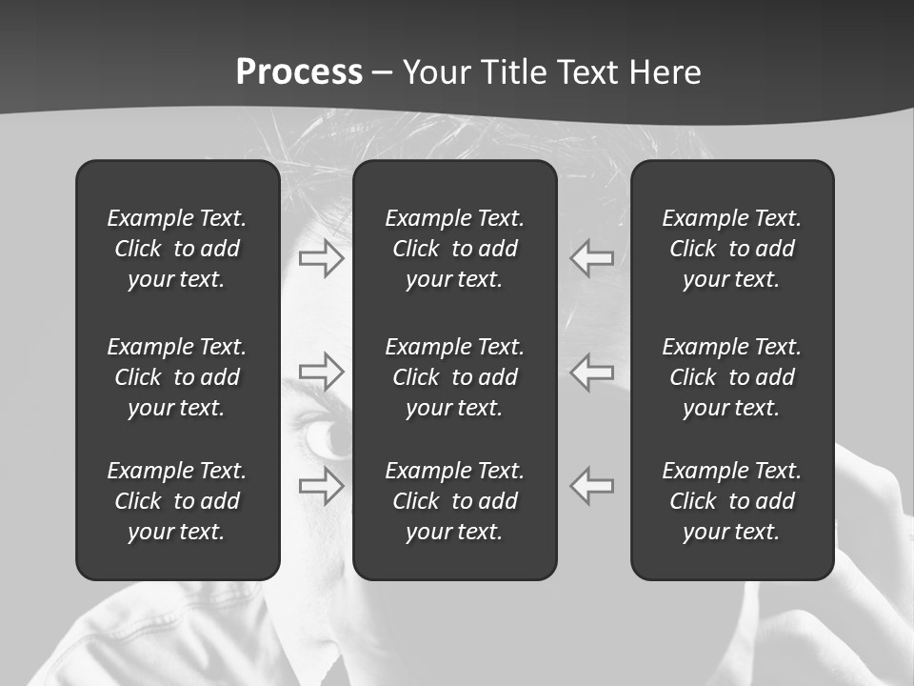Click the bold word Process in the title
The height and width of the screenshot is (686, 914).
click(x=299, y=72)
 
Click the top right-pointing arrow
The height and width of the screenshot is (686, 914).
click(x=321, y=258)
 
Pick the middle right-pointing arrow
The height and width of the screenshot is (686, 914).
click(x=321, y=371)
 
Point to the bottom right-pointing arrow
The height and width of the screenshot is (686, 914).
click(x=321, y=486)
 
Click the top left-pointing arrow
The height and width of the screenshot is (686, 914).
click(x=592, y=258)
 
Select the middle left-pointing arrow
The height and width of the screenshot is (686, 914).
click(x=592, y=371)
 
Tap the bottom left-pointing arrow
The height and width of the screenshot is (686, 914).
click(x=592, y=486)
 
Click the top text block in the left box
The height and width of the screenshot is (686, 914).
click(x=177, y=249)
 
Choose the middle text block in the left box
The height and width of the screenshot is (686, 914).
click(x=177, y=377)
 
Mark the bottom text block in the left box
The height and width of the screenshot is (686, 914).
click(x=177, y=501)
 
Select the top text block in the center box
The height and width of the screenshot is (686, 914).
click(x=454, y=249)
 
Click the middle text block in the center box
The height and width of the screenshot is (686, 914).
click(x=454, y=377)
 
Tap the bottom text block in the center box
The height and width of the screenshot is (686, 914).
click(x=454, y=501)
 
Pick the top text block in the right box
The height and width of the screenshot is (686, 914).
click(x=731, y=249)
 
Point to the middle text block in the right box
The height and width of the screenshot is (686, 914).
click(x=731, y=377)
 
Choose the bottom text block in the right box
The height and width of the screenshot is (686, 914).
click(x=731, y=501)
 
